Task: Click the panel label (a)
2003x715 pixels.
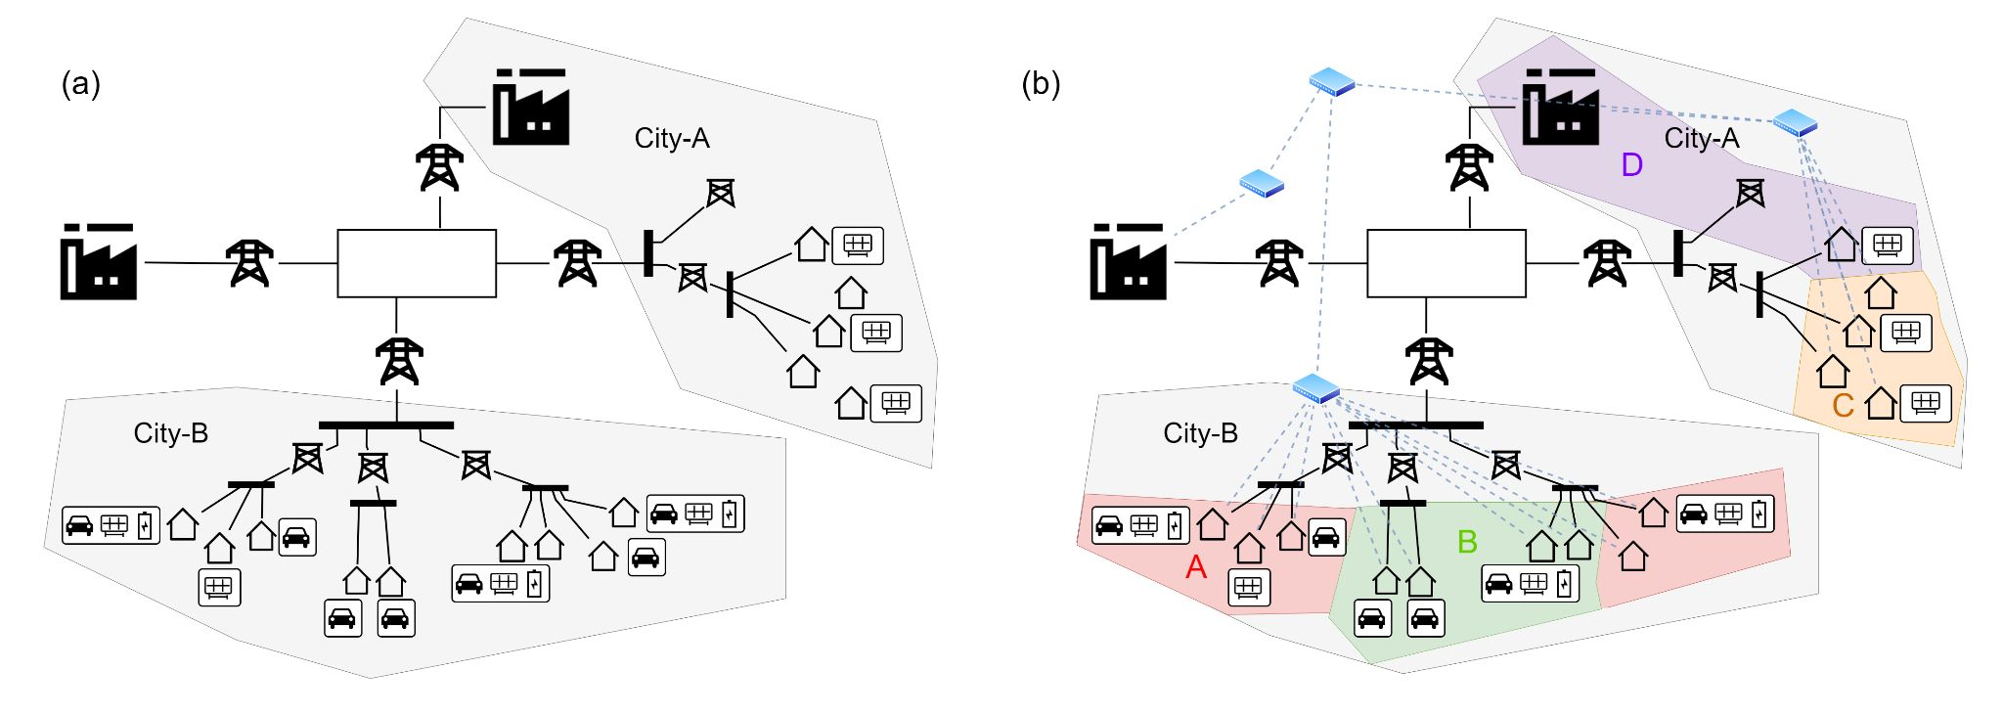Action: point(81,84)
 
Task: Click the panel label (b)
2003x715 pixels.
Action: point(1041,84)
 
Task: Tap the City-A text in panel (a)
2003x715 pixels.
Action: point(672,139)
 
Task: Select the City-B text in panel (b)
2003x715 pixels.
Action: point(1200,433)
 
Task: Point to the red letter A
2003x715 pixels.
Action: point(1195,567)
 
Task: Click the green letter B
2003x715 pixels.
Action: point(1467,542)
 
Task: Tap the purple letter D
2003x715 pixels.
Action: point(1631,165)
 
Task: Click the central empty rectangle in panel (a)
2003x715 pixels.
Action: point(417,263)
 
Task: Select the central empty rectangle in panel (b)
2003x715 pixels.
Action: point(1446,263)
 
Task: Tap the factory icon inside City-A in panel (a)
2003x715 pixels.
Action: point(530,107)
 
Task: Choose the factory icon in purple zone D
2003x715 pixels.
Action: point(1559,107)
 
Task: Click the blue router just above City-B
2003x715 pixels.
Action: point(1315,388)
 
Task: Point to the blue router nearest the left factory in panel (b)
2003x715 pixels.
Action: point(1261,183)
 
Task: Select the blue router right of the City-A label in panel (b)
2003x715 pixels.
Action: point(1795,122)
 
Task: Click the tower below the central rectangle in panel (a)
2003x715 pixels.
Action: point(399,361)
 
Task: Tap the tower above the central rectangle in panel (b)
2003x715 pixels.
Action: point(1469,167)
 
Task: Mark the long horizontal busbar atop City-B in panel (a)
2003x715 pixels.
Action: point(386,425)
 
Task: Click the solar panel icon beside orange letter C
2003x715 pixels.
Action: point(1925,402)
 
